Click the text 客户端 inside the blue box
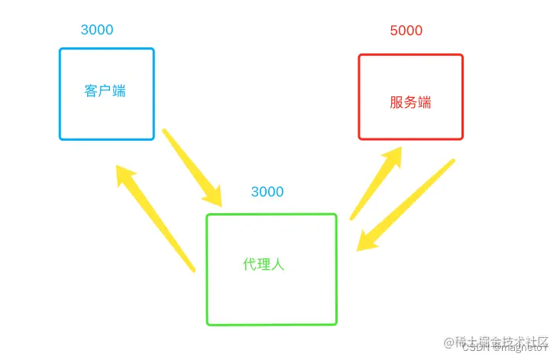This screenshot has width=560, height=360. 105,91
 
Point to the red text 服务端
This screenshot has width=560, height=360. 410,102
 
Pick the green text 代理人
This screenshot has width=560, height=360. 264,264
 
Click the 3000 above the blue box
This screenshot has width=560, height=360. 97,31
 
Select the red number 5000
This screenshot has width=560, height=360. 406,31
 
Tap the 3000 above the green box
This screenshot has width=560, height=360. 267,192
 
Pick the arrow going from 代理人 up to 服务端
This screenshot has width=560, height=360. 376,183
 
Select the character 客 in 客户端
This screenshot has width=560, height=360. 91,91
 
